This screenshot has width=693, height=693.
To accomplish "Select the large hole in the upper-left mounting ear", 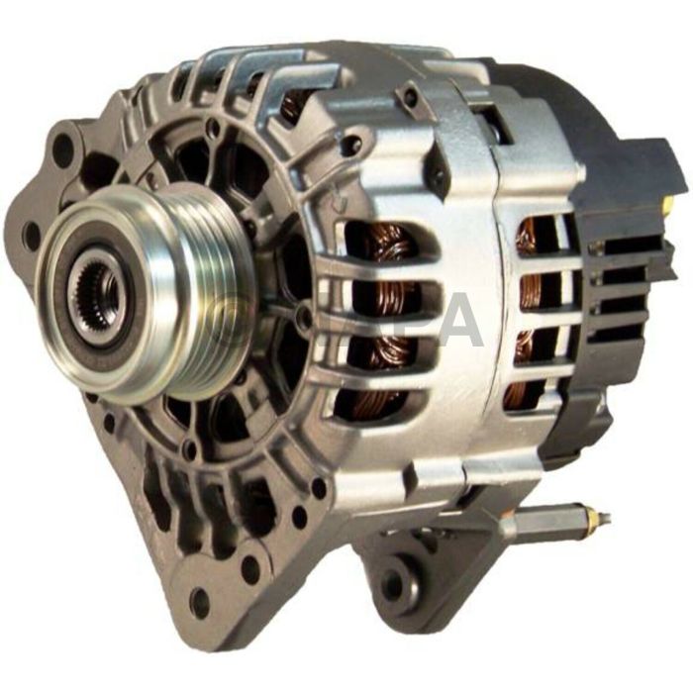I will coord(63,148).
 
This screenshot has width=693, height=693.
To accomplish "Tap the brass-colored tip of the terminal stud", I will coord(597,519).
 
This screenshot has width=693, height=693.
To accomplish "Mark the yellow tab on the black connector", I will coord(665,210).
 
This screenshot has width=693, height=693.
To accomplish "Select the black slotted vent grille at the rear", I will coord(614,287).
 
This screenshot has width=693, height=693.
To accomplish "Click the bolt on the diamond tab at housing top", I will coord(409,97).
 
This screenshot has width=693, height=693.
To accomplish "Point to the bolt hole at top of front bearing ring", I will coord(213,129).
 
